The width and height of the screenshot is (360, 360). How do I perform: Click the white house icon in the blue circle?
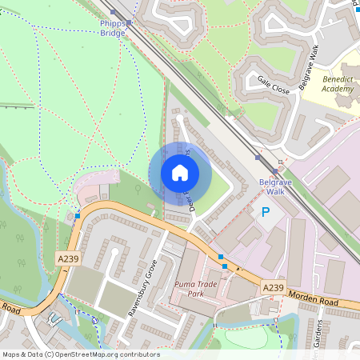[x=180, y=173]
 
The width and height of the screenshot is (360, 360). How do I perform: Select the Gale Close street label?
[x=274, y=85]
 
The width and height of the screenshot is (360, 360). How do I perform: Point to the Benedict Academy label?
[x=337, y=85]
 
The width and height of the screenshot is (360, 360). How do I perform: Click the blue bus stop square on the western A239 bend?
[x=78, y=216]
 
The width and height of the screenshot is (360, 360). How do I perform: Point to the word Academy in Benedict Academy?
[x=337, y=90]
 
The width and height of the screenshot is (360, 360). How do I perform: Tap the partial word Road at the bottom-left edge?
[x=10, y=306]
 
